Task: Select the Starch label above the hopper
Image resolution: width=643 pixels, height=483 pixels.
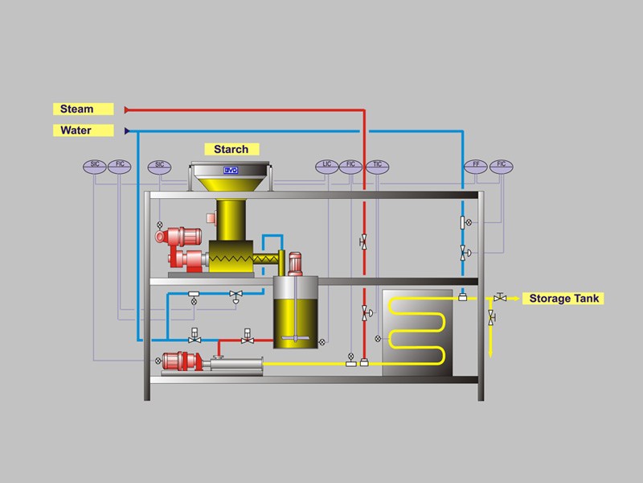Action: tap(231, 149)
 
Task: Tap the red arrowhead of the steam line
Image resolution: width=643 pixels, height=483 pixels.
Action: tap(127, 109)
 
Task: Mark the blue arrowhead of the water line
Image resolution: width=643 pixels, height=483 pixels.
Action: tap(127, 130)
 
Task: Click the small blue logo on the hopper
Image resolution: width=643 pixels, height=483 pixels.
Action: tap(232, 171)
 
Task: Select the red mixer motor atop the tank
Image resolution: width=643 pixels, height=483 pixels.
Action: tap(295, 262)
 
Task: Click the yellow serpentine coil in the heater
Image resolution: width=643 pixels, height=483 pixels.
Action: tap(417, 331)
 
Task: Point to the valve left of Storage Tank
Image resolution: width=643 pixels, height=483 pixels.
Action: tap(501, 297)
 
